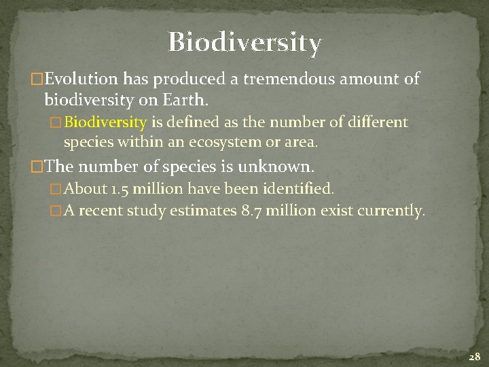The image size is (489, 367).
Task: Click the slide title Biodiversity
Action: point(244,42)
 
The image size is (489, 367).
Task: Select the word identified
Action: point(300,188)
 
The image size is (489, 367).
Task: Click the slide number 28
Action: point(474,356)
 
